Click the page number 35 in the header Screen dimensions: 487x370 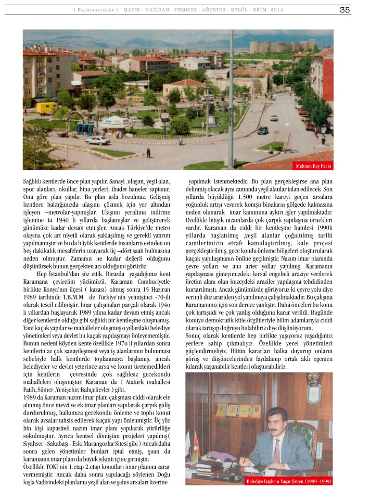(345, 9)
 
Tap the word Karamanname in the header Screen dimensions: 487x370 (96, 10)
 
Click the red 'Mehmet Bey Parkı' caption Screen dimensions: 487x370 (313, 166)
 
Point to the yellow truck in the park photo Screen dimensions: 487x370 (46, 107)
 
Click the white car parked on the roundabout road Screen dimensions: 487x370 (98, 140)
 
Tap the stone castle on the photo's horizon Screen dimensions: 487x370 (281, 47)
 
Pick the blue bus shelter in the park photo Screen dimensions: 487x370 (85, 128)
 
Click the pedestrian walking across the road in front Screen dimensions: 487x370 (148, 153)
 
